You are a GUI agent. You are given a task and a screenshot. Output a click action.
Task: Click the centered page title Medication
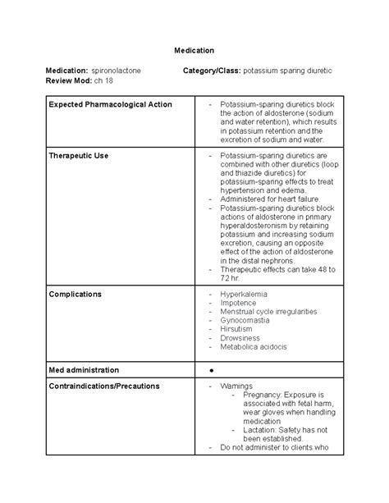(194, 51)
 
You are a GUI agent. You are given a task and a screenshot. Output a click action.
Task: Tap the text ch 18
(110, 82)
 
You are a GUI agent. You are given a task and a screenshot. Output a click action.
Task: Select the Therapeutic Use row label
(79, 154)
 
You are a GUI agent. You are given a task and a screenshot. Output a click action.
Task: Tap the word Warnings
(236, 385)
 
